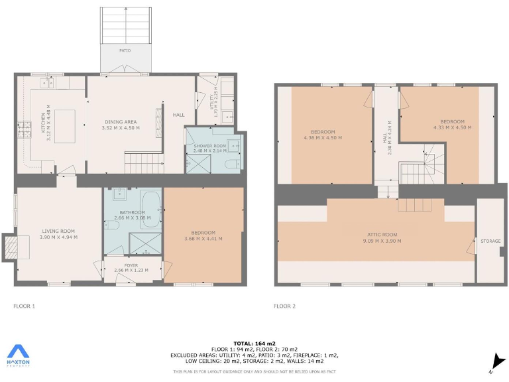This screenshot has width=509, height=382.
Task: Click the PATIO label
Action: click(x=125, y=50)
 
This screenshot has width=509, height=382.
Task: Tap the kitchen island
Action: click(x=64, y=126)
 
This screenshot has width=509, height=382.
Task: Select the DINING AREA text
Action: click(x=121, y=122)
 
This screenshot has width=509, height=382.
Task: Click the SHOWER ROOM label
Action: click(x=210, y=145)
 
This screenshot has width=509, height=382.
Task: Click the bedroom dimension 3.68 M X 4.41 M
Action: click(x=203, y=238)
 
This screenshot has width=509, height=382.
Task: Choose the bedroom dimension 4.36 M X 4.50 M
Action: click(x=323, y=137)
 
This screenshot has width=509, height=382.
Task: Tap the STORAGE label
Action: click(x=490, y=241)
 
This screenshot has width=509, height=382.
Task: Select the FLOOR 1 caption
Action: click(x=24, y=306)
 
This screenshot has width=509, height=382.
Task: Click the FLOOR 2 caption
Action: click(x=285, y=306)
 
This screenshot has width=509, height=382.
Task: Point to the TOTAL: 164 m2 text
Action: click(x=254, y=342)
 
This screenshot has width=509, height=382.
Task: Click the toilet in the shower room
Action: click(x=233, y=164)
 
